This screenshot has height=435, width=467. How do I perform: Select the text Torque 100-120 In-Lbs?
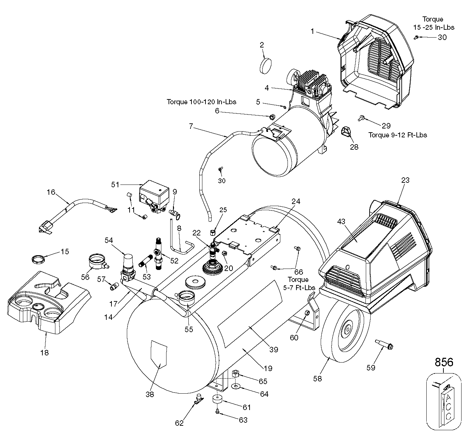201,102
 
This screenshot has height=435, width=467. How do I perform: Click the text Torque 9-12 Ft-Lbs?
398,135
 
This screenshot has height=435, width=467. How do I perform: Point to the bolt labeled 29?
360,118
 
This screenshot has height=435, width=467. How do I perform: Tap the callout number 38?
150,394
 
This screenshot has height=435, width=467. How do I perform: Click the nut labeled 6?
272,117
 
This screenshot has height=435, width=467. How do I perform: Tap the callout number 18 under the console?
44,353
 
